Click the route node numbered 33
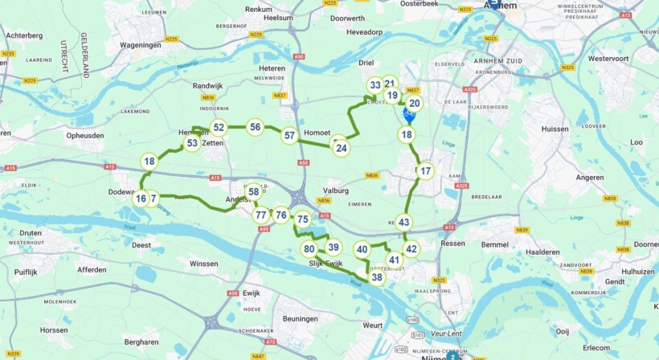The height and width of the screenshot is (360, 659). [375, 85]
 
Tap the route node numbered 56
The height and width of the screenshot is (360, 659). [255, 126]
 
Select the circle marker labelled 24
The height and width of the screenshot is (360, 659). [342, 147]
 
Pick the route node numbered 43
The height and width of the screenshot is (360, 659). [404, 223]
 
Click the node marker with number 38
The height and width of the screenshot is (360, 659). [377, 277]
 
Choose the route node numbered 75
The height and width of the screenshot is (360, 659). [302, 219]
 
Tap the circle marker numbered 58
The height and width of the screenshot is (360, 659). [253, 191]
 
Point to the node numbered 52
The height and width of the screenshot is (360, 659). [218, 127]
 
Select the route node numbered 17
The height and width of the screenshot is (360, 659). [425, 170]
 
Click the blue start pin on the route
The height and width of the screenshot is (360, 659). [409, 117]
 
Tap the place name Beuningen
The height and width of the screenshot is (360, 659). [301, 318]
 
